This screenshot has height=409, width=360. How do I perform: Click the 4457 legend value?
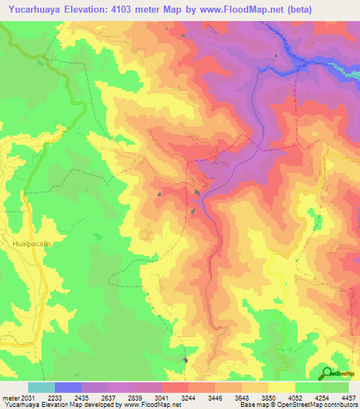[x=347, y=397]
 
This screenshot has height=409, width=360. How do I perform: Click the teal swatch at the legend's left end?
[x=41, y=387]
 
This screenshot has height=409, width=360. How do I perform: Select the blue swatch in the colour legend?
[x=68, y=387]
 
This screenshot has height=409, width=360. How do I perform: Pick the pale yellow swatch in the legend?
[x=281, y=387]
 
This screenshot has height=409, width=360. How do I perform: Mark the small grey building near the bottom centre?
[x=186, y=360]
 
